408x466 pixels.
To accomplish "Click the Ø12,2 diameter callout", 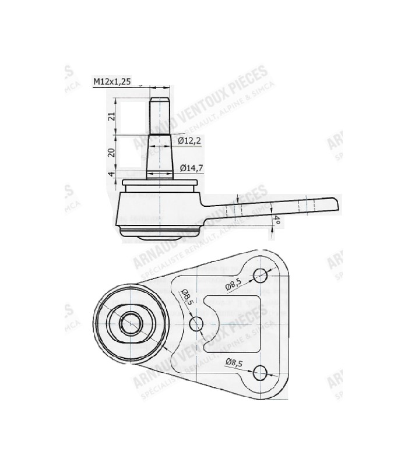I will tap(189, 140).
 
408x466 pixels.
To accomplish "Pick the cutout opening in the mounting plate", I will tap(233, 323).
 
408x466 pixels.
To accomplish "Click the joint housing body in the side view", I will tap(157, 213).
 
